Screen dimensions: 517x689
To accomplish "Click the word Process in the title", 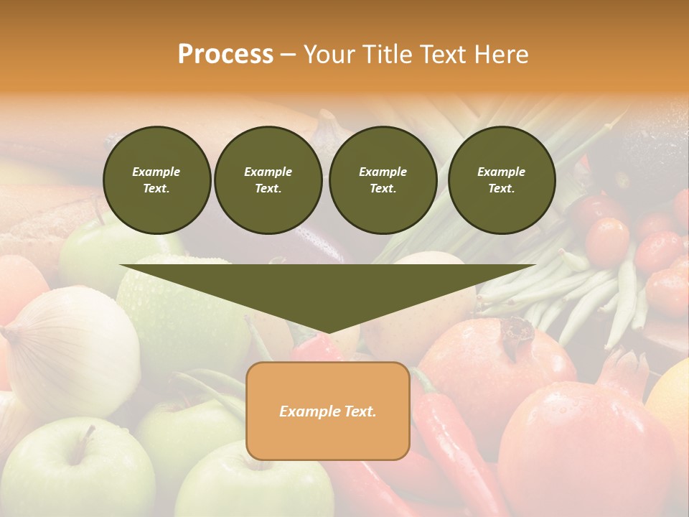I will click(x=225, y=55).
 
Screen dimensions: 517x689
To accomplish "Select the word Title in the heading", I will click(x=389, y=55).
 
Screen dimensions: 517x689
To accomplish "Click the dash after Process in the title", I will click(x=289, y=55).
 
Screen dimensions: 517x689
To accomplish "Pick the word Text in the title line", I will click(x=441, y=55).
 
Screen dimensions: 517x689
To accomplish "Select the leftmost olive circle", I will click(x=156, y=180).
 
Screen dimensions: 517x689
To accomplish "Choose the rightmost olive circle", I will click(x=501, y=180).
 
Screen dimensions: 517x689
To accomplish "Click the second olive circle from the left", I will click(x=268, y=180).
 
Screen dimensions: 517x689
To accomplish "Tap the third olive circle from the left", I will click(x=383, y=180).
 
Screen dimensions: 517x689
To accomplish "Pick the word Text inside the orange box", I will click(x=359, y=411).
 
